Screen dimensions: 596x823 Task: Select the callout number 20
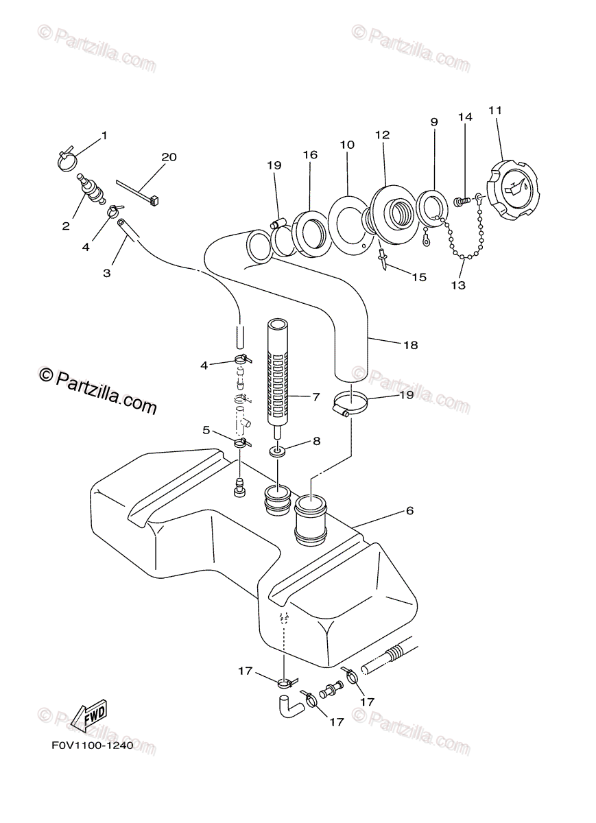pos(169,157)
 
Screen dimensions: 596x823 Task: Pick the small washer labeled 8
pos(277,452)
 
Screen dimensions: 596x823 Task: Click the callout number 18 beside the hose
pos(410,345)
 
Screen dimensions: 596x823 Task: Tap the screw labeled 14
pos(461,202)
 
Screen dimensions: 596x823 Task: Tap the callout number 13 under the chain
pos(459,285)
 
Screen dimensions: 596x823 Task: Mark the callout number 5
pos(206,430)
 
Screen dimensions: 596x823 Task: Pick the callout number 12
pos(382,135)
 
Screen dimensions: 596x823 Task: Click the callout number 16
pos(310,155)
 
